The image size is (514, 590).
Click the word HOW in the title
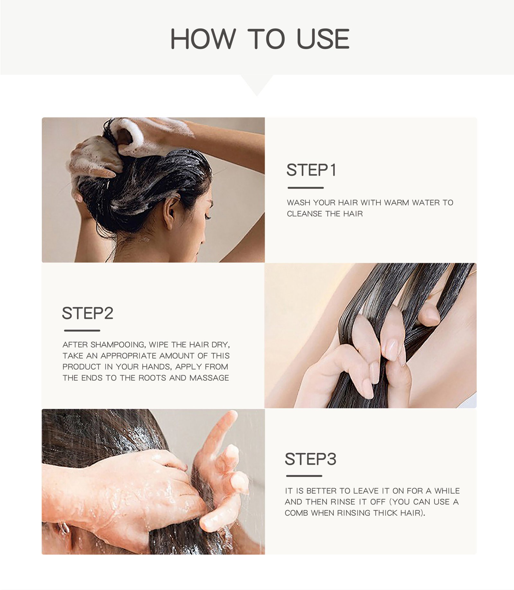[203, 39]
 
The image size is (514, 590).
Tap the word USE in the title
[323, 39]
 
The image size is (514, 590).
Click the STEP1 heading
[311, 170]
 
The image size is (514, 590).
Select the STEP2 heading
[88, 313]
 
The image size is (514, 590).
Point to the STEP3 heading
[310, 459]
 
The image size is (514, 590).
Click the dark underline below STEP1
[306, 188]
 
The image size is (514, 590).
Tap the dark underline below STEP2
[82, 330]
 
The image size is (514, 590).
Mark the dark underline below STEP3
[304, 476]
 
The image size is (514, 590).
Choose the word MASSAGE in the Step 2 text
[209, 378]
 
